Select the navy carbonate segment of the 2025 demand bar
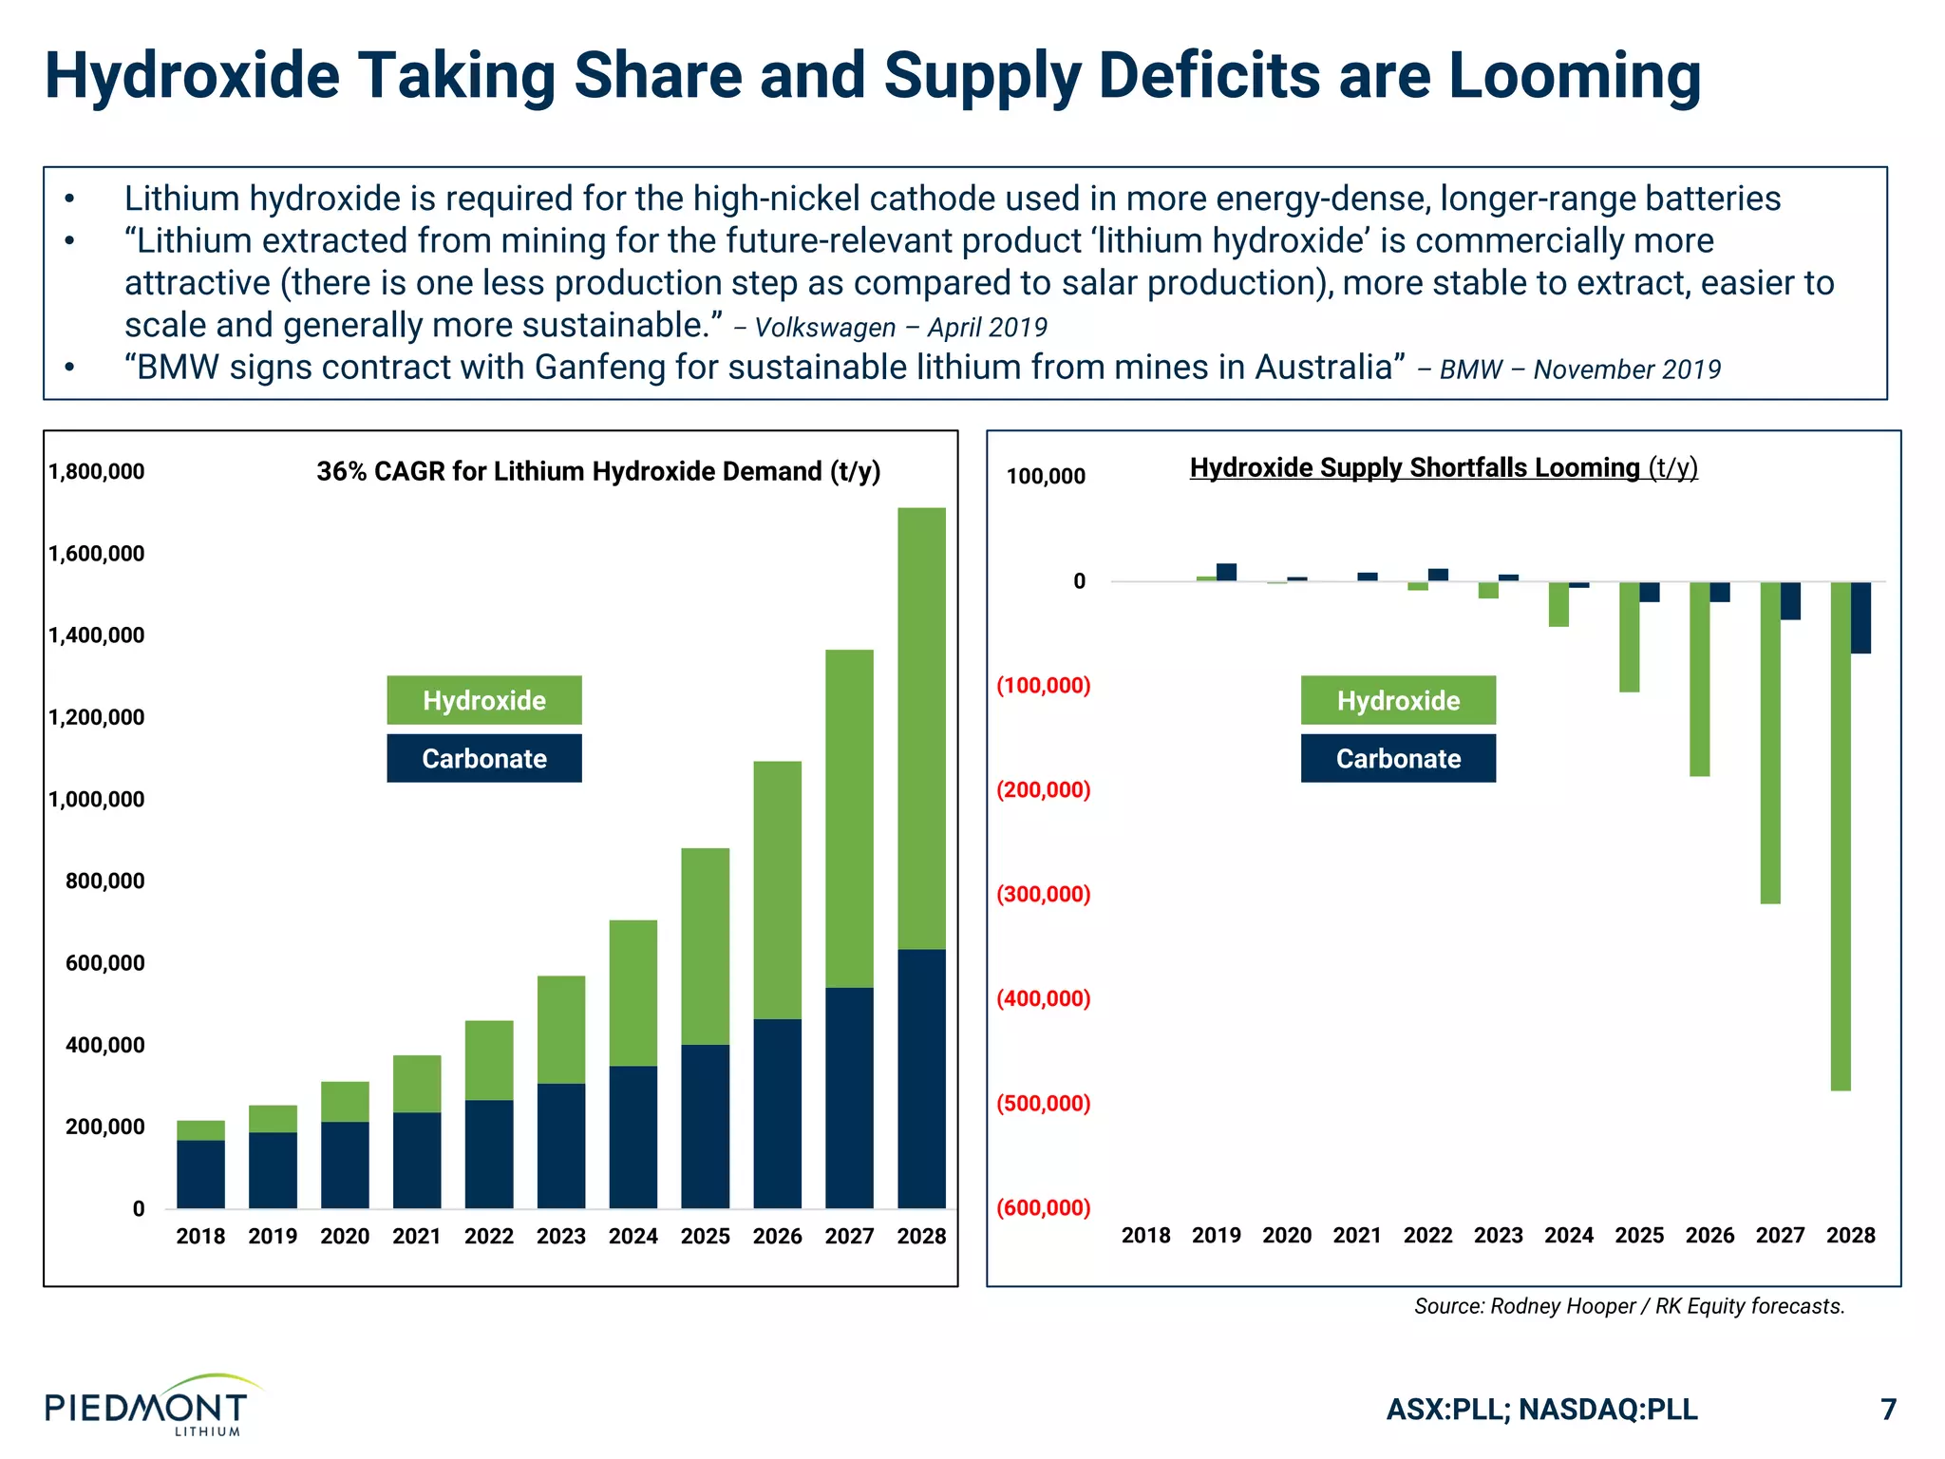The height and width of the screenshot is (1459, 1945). [x=705, y=1126]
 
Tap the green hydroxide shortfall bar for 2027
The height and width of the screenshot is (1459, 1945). [x=1769, y=741]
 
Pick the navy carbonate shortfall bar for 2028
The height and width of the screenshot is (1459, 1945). [x=1860, y=617]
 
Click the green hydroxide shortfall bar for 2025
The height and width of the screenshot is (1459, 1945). [x=1629, y=636]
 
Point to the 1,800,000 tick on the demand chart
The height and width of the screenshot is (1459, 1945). [x=97, y=471]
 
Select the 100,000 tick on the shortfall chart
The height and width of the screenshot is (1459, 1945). [x=1046, y=476]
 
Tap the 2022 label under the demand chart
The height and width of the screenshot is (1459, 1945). [x=488, y=1236]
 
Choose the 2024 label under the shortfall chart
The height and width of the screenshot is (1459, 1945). [x=1568, y=1235]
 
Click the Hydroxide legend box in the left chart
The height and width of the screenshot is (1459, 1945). [x=484, y=700]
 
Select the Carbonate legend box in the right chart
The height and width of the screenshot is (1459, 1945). [x=1398, y=758]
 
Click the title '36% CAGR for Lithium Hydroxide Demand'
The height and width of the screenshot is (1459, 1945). [x=598, y=471]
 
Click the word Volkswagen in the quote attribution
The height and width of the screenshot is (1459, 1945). [x=824, y=328]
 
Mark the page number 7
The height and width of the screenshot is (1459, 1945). [x=1888, y=1409]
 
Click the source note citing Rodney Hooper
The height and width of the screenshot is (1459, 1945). [x=1629, y=1306]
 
